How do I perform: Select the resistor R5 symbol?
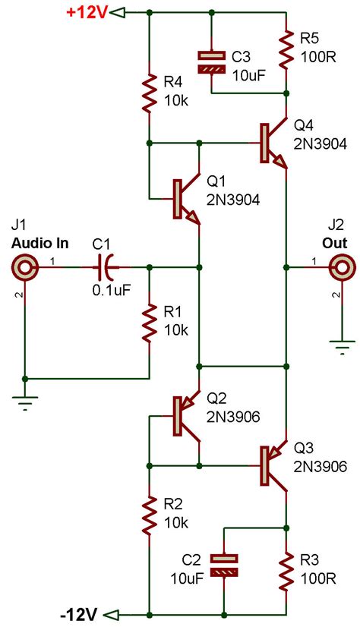[x=287, y=50]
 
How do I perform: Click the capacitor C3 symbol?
[x=211, y=61]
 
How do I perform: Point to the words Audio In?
[x=39, y=243]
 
